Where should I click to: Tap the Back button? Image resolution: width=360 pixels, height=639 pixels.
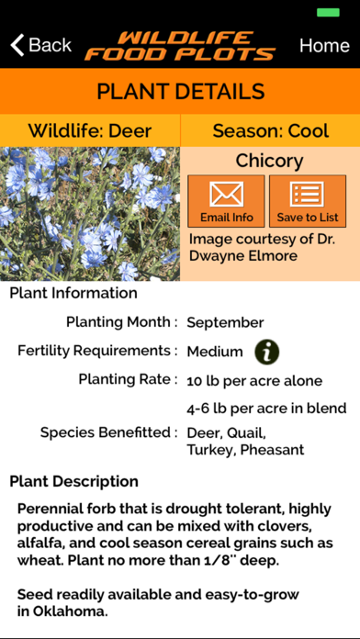click(x=40, y=45)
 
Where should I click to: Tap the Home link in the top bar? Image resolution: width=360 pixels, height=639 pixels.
click(x=324, y=45)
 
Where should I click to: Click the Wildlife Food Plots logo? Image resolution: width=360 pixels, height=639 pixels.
click(x=180, y=45)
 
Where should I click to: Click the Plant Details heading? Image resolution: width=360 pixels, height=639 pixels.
click(x=180, y=92)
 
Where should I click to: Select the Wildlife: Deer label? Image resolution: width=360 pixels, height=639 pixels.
click(x=90, y=130)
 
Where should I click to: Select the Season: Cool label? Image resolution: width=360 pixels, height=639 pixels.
click(x=270, y=130)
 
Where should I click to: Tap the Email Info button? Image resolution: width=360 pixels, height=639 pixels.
click(x=226, y=201)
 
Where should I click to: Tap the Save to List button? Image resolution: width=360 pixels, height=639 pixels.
click(x=307, y=201)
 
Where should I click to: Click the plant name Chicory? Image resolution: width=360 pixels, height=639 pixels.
click(x=269, y=161)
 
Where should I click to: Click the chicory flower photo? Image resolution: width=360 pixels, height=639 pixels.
click(x=90, y=213)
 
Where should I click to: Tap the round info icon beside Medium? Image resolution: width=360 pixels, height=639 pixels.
click(x=267, y=351)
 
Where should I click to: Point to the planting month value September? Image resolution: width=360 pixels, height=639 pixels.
click(x=225, y=322)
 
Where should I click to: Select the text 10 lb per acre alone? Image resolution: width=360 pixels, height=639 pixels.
click(x=254, y=380)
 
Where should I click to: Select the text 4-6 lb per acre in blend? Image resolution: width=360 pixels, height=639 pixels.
click(x=266, y=408)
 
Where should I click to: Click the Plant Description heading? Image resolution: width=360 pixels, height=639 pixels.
click(x=74, y=481)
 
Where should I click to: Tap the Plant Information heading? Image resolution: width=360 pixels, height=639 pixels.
click(x=73, y=293)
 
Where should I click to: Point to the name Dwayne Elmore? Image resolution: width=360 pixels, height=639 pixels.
click(x=244, y=255)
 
